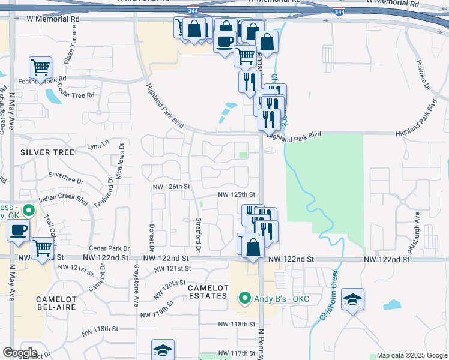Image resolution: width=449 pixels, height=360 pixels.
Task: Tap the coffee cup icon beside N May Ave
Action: [18, 230]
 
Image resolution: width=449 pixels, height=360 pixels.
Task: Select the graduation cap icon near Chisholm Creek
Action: [352, 299]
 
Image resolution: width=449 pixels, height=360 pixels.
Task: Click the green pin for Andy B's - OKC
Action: [244, 298]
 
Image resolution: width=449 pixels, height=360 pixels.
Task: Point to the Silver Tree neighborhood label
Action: [47, 152]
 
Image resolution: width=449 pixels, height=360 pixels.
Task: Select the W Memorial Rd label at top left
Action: [53, 19]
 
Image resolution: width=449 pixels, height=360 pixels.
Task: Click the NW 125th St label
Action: [237, 194]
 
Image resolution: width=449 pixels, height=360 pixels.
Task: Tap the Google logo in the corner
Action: [20, 353]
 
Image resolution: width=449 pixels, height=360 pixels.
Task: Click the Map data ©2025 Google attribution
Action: [411, 355]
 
